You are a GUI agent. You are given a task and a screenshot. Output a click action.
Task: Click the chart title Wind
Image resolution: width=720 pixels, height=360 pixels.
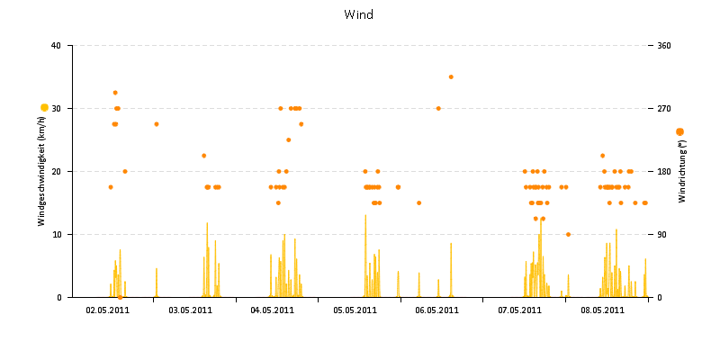click(x=358, y=14)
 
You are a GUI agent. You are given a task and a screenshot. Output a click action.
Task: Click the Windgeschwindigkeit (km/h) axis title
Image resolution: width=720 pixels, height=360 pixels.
click(x=41, y=171)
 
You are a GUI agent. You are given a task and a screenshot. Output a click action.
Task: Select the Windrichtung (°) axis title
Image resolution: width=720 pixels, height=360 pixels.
click(x=681, y=170)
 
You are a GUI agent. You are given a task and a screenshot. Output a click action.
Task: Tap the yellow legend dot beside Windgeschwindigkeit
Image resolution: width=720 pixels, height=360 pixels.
click(x=44, y=108)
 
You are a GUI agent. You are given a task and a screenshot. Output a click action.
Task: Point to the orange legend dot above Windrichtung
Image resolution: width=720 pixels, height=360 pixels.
click(x=679, y=131)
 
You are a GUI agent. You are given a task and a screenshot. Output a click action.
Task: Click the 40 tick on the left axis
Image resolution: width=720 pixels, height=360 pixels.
click(x=56, y=46)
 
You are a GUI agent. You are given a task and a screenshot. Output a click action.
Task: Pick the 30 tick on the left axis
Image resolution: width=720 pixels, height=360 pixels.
click(x=56, y=109)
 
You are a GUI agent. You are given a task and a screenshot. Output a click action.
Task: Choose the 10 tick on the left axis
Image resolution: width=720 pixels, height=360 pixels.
click(x=56, y=235)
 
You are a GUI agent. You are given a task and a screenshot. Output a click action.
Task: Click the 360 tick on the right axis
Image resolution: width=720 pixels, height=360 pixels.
click(x=665, y=46)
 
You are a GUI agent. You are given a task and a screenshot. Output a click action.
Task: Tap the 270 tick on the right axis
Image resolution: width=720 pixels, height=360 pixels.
click(x=665, y=109)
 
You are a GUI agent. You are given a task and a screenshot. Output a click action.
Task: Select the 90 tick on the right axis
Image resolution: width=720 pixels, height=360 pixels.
click(x=663, y=235)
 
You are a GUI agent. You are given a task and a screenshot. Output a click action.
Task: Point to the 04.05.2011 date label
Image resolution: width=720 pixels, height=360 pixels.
click(x=273, y=310)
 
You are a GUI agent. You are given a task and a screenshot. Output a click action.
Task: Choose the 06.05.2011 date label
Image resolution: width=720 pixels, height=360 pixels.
click(x=437, y=310)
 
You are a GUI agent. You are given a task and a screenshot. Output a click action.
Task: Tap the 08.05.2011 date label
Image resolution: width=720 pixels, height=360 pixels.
click(x=602, y=310)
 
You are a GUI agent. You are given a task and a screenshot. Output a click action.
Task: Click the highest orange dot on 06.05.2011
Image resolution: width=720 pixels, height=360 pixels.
click(x=451, y=76)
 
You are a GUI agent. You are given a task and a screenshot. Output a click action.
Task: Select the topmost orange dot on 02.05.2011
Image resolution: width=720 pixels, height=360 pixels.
click(x=115, y=93)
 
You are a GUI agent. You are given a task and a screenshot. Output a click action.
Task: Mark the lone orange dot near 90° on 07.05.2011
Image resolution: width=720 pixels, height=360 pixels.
click(x=568, y=234)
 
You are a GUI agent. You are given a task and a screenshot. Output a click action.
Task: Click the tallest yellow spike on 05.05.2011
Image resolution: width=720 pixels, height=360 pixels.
click(x=365, y=216)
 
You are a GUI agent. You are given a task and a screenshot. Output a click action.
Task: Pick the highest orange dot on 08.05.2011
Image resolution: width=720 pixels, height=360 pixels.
click(x=603, y=156)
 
